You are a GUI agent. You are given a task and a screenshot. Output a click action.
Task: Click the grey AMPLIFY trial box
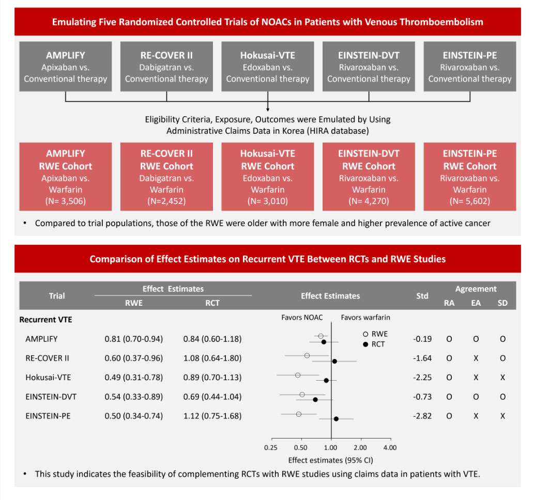pos(65,66)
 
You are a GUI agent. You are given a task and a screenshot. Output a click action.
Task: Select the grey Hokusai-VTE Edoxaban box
pos(268,66)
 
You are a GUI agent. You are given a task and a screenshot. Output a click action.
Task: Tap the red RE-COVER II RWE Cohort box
pos(166,177)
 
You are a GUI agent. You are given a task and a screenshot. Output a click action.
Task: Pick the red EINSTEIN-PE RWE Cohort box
pos(469,177)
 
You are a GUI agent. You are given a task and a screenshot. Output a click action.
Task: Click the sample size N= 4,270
pos(369,201)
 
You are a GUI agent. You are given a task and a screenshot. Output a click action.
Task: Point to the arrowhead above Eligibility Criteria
pos(268,109)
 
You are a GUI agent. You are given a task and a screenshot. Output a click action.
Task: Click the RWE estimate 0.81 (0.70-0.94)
pos(134,339)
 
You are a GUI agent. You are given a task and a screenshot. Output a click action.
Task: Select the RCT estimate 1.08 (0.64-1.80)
pos(212,358)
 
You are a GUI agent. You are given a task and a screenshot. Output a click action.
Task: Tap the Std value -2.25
pos(422,378)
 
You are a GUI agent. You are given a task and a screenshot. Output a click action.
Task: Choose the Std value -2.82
pos(422,416)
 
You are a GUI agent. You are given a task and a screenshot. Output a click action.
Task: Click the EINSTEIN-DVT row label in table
pos(51,397)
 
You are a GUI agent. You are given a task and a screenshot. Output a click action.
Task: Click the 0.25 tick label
pos(271,448)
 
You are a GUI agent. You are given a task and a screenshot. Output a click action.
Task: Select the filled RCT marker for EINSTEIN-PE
pos(336,419)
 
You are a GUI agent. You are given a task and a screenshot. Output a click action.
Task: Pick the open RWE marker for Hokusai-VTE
pos(298,375)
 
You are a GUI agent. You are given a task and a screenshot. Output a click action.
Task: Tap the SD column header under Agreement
pos(502,303)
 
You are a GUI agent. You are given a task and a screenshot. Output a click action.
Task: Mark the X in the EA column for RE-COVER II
pos(476,358)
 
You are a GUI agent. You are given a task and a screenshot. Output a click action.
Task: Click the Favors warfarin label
pos(365,318)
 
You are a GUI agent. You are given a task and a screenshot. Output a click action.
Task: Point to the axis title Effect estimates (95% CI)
pos(330,460)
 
